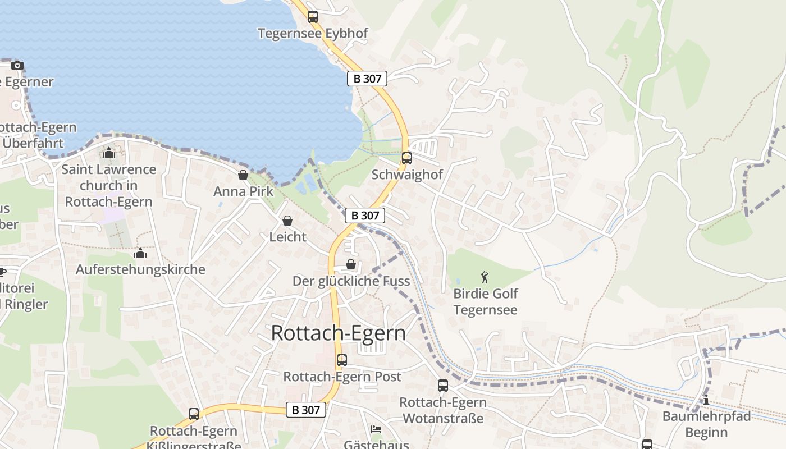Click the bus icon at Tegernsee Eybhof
tap(313, 17)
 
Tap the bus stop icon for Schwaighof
tap(407, 158)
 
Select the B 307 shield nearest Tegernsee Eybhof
tap(367, 79)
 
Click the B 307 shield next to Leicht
tap(365, 216)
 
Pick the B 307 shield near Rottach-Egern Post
tap(306, 410)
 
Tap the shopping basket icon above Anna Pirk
tap(243, 176)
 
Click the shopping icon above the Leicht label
tap(287, 221)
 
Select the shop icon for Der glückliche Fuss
tap(351, 264)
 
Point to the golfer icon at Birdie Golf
tap(485, 277)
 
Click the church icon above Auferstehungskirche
tap(140, 254)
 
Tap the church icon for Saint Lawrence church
tap(108, 153)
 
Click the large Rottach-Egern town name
tap(338, 333)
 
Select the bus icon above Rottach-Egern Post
tap(342, 360)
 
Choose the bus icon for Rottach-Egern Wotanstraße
tap(443, 386)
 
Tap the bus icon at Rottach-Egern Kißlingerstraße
tap(194, 414)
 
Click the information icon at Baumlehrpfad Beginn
tap(706, 400)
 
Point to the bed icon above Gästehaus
tap(376, 429)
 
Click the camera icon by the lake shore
tap(17, 66)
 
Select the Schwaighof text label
tap(407, 175)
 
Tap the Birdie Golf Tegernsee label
tap(485, 301)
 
